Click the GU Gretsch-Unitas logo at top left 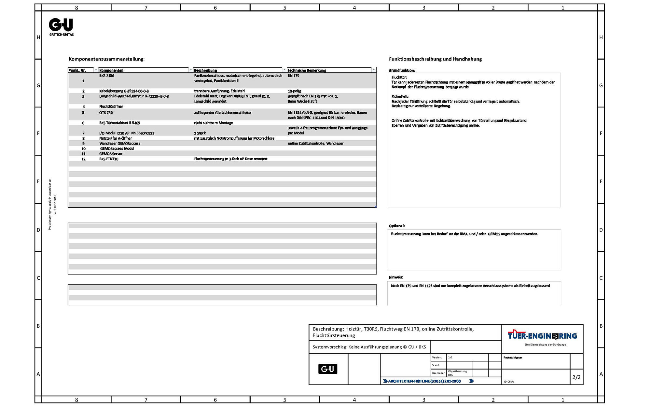pos(61,26)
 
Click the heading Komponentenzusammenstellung pos(106,59)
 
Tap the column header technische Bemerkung pos(307,70)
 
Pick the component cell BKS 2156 pos(107,76)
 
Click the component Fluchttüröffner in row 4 pos(111,106)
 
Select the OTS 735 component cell pos(106,113)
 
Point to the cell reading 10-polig pos(295,91)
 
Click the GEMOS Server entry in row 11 pos(111,154)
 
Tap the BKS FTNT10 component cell pos(109,159)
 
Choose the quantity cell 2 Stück pos(200,133)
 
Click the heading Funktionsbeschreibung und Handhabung pos(435,59)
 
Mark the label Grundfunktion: pos(402,70)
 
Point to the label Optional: pos(397,226)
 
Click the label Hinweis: pos(396,277)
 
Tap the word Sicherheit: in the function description pos(400,97)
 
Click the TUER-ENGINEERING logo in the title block pos(542,336)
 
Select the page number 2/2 pos(576,377)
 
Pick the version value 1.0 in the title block pos(450,358)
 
